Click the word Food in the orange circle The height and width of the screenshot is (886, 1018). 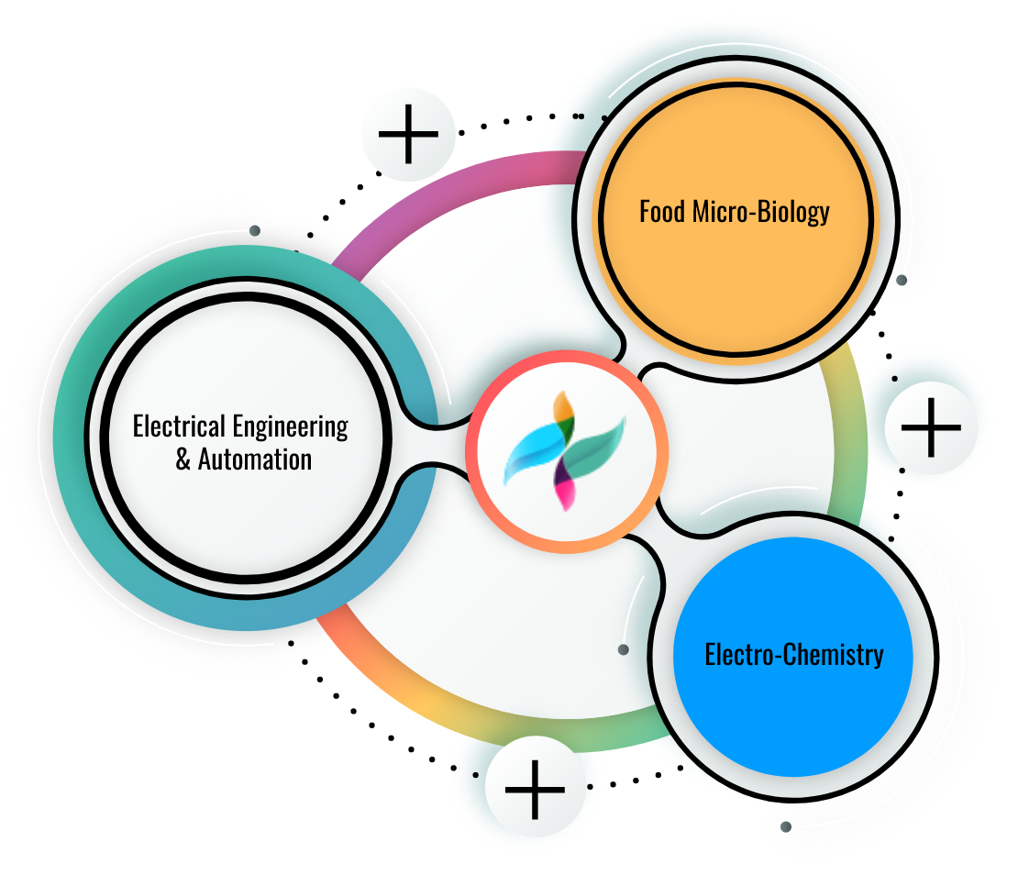coord(662,212)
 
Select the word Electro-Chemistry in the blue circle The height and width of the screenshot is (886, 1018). coord(794,654)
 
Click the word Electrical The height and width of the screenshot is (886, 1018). coord(179,426)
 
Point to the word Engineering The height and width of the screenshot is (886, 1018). coord(290,427)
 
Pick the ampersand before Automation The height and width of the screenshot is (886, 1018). coord(183,460)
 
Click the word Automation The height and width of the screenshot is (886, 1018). coord(255,460)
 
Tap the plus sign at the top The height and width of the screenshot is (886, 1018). coord(408,134)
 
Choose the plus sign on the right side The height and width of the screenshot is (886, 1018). coord(931,427)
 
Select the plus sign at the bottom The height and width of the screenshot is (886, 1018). coord(535,790)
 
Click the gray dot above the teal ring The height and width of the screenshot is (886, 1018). coord(255,230)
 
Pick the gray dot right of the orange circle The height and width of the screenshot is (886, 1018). coord(902,280)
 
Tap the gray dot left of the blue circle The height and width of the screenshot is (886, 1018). coord(624,649)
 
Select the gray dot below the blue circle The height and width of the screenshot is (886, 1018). coord(786,826)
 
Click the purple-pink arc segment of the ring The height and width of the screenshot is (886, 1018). coord(448,188)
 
